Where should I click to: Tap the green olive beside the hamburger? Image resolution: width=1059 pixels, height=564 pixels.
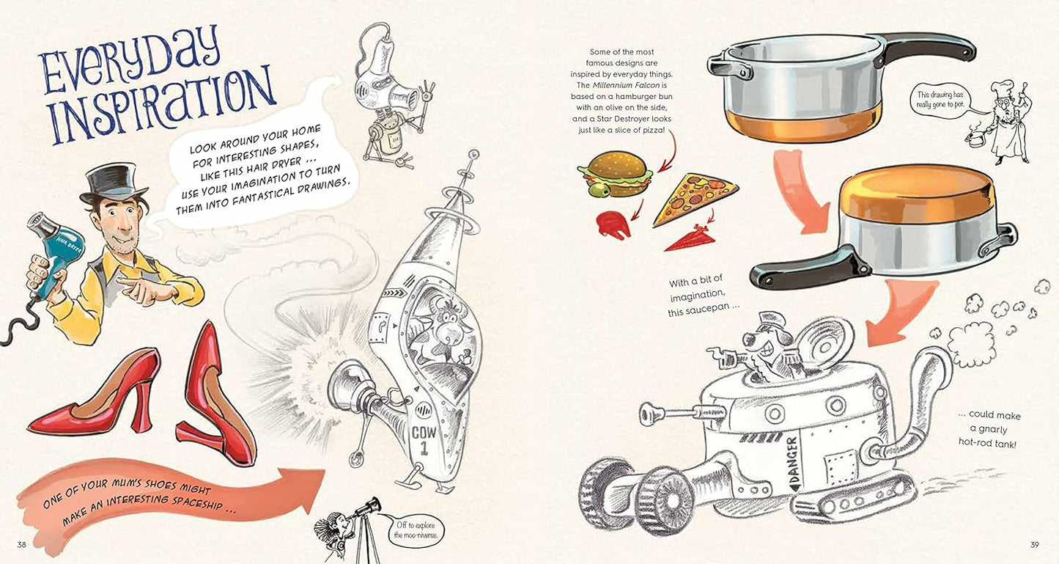[600, 191]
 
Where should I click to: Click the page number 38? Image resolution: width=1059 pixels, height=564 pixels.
[22, 544]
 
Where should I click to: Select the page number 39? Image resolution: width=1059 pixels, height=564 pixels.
[1034, 544]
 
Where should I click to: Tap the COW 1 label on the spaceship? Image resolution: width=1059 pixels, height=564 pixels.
[424, 441]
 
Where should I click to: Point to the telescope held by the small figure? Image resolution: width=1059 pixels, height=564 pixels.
[363, 508]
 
